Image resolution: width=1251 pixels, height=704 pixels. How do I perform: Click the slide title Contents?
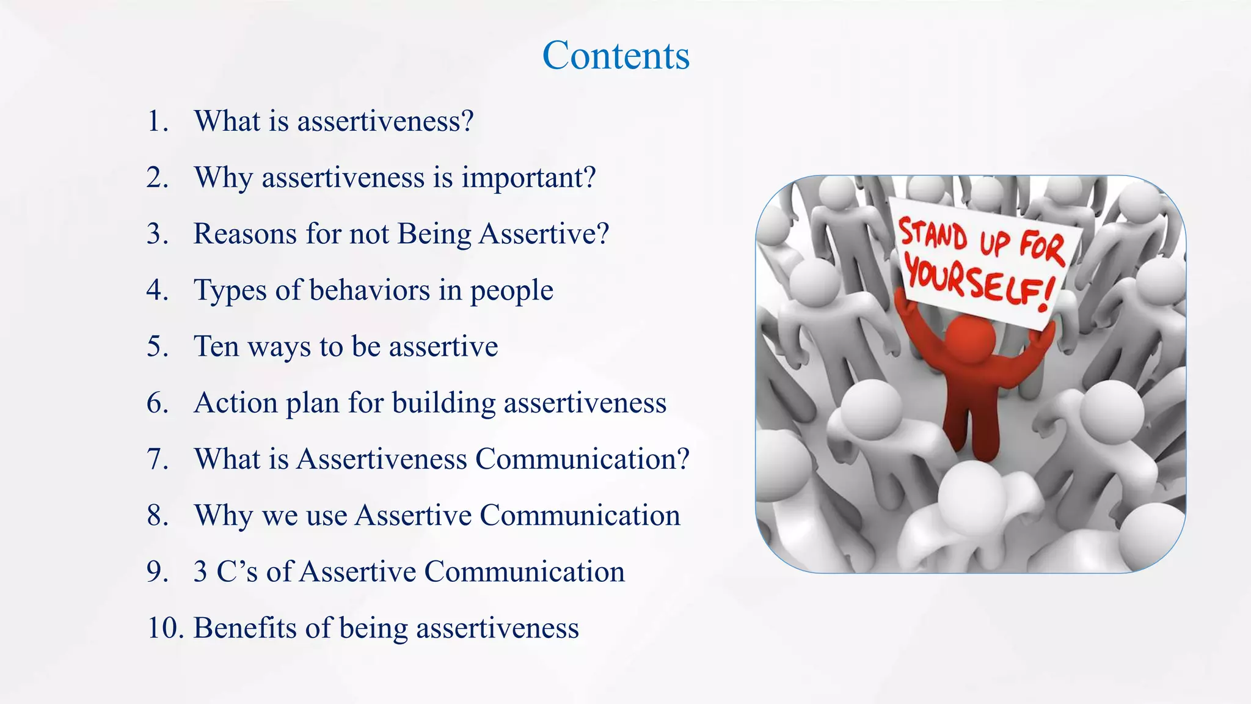click(x=616, y=56)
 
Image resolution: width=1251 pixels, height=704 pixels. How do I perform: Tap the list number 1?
click(x=157, y=121)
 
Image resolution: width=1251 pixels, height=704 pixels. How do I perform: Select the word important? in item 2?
click(x=528, y=178)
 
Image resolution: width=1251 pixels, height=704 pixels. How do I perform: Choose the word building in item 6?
click(x=443, y=403)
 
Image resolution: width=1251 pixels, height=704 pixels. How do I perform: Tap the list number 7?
click(x=157, y=460)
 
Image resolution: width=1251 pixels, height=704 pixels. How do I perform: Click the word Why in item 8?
click(x=223, y=516)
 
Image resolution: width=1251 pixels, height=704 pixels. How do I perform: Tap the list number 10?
click(x=165, y=628)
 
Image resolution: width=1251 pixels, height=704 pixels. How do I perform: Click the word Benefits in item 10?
click(x=246, y=628)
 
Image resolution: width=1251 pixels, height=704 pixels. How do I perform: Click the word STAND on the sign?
click(x=933, y=235)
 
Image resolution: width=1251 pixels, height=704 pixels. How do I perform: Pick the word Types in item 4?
click(x=230, y=290)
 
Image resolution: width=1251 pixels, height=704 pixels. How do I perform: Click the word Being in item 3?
click(x=434, y=234)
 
